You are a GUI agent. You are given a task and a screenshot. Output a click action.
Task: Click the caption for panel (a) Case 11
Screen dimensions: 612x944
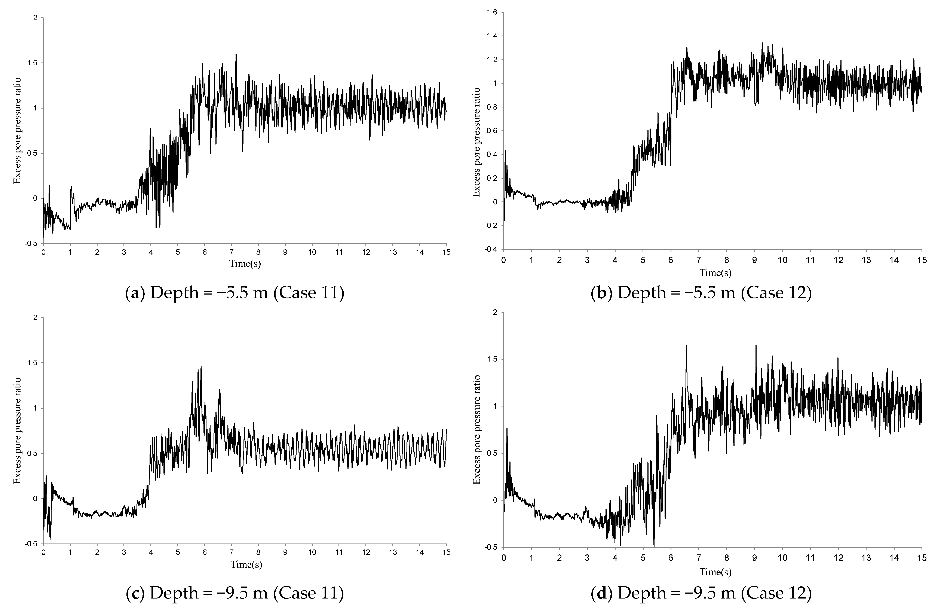pyautogui.click(x=235, y=293)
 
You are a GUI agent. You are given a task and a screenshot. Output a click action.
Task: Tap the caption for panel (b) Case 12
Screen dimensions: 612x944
pyautogui.click(x=701, y=293)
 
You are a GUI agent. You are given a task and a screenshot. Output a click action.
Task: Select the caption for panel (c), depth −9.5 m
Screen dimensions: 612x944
pyautogui.click(x=235, y=593)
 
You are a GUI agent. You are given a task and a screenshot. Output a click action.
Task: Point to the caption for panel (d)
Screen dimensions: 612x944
pyautogui.click(x=701, y=593)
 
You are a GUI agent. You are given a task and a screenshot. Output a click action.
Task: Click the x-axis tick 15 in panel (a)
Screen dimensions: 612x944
pyautogui.click(x=447, y=252)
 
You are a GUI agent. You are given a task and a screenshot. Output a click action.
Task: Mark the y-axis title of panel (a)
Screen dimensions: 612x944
pyautogui.click(x=17, y=131)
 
